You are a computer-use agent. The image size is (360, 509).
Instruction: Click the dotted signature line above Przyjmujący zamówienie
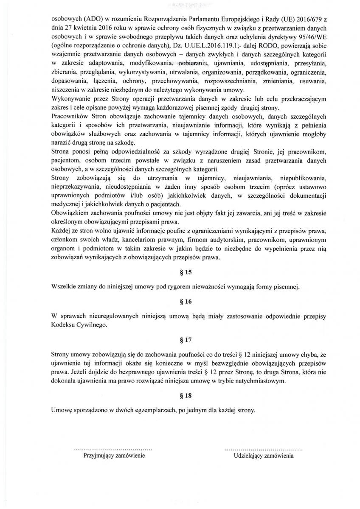(113, 448)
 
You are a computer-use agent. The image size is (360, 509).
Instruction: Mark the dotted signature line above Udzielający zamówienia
(263, 448)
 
